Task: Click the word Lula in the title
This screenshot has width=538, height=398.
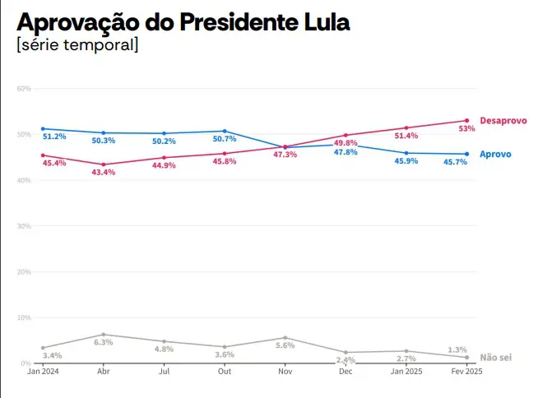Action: [x=322, y=22]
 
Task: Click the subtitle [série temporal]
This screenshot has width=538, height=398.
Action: [x=77, y=44]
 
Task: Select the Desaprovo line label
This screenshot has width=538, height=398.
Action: [x=503, y=121]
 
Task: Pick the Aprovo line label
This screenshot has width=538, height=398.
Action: [x=495, y=154]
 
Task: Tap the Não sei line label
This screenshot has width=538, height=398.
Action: [x=496, y=358]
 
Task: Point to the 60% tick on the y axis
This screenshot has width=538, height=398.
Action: [x=23, y=88]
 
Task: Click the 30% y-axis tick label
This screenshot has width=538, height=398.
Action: [x=23, y=225]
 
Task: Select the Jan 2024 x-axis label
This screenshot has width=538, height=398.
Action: [x=43, y=372]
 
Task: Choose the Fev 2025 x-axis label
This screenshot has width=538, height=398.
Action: [x=466, y=372]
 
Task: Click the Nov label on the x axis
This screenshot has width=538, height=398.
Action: [x=285, y=372]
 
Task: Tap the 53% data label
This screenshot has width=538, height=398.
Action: [x=466, y=129]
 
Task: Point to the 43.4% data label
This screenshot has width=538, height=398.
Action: [x=104, y=173]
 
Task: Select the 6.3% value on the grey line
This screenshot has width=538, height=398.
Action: [x=104, y=342]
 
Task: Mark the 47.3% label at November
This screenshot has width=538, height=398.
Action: [x=285, y=155]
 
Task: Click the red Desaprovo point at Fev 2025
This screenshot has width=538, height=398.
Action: [x=466, y=121]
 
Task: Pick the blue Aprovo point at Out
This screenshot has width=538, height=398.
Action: [x=225, y=131]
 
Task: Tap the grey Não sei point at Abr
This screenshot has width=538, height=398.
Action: [x=104, y=335]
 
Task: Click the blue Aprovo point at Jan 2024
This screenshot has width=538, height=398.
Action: [x=43, y=128]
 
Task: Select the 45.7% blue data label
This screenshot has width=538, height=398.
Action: [x=455, y=162]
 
